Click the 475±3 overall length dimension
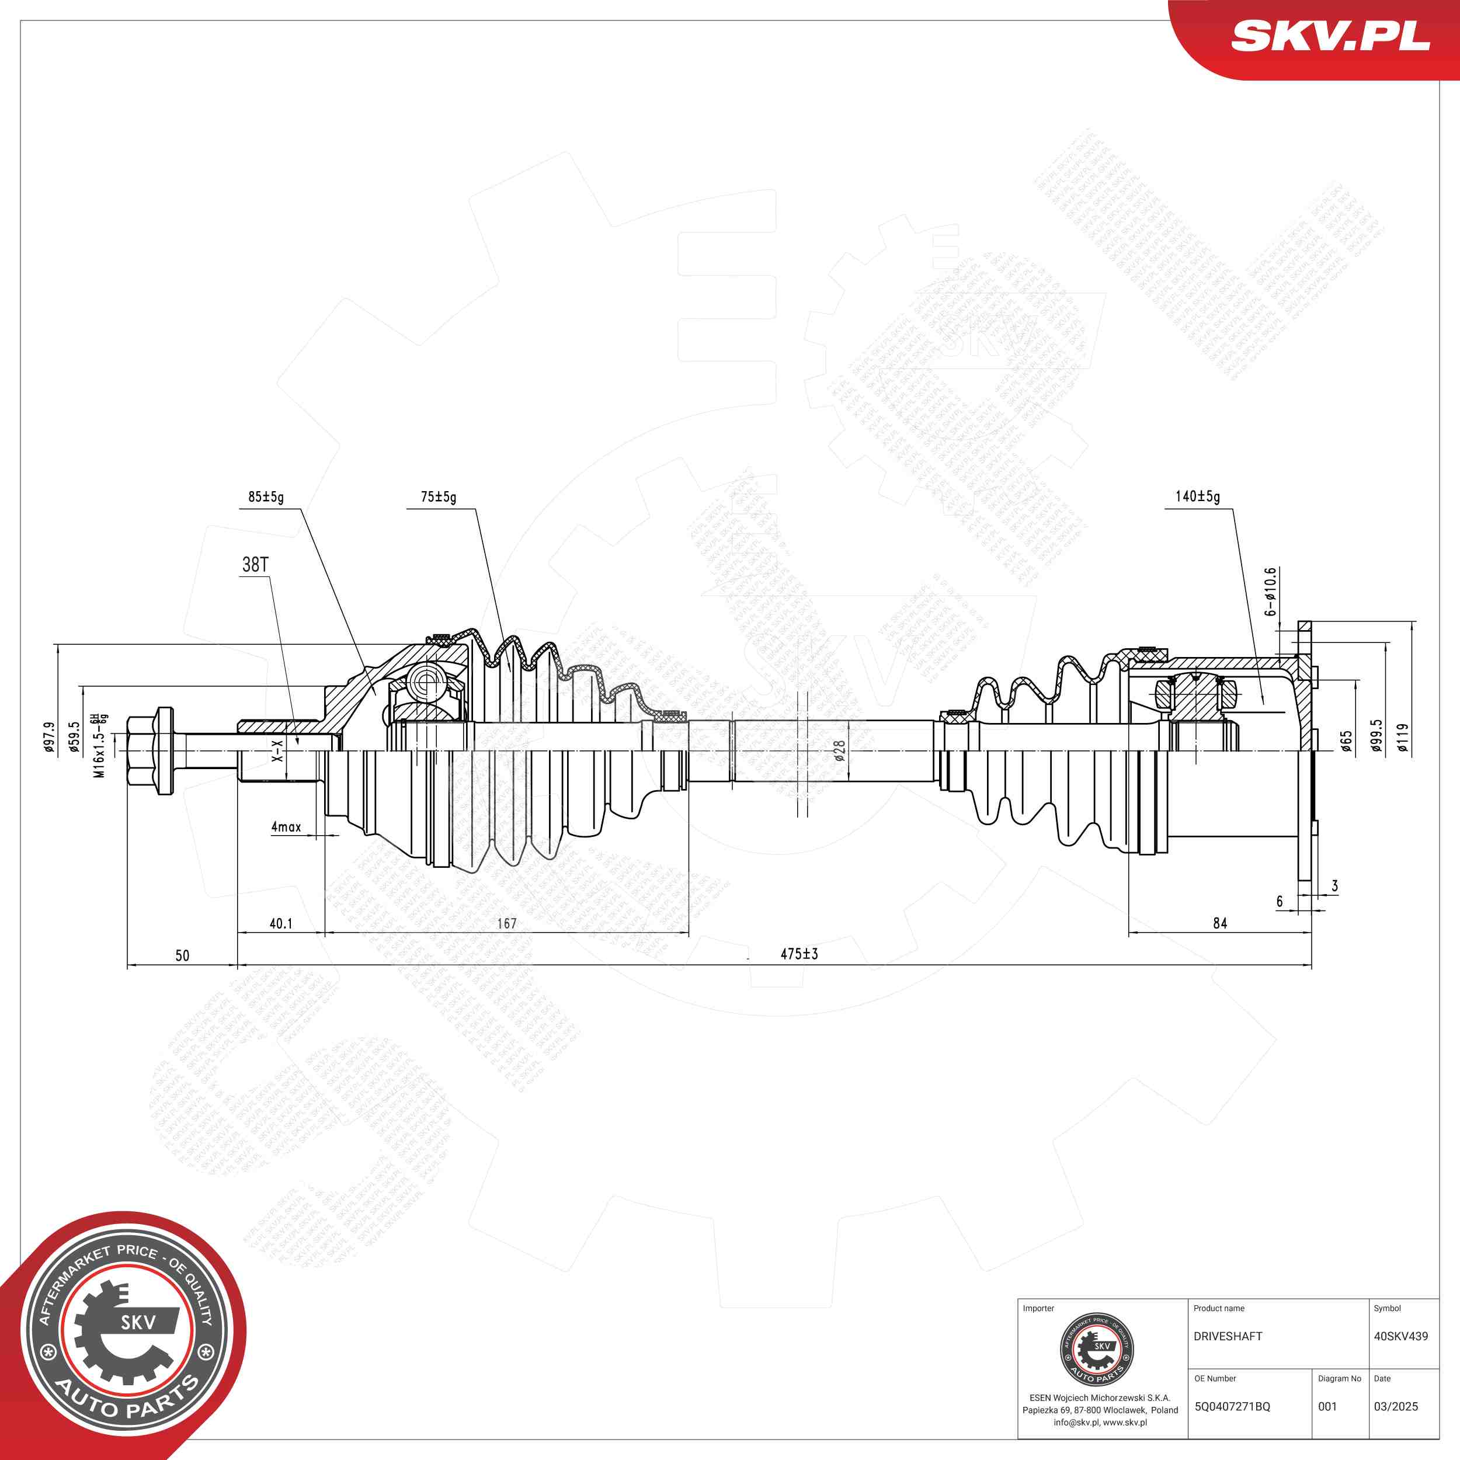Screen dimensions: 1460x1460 (x=799, y=954)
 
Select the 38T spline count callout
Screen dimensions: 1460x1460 (x=255, y=565)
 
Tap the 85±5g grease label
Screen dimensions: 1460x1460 (x=266, y=497)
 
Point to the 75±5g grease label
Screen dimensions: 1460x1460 (x=439, y=497)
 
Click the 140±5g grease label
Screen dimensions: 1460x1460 (x=1197, y=496)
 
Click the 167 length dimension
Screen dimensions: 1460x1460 (x=506, y=923)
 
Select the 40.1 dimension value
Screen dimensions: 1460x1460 (x=281, y=923)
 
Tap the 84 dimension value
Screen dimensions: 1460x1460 (x=1220, y=923)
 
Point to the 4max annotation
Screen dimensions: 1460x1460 (x=286, y=827)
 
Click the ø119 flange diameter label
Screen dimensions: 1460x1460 (x=1403, y=738)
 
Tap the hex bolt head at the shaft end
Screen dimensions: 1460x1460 (x=151, y=750)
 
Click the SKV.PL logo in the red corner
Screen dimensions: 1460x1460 (x=1330, y=36)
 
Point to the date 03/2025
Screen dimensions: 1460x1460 (x=1395, y=1406)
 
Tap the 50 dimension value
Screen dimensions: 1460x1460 (x=182, y=956)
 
